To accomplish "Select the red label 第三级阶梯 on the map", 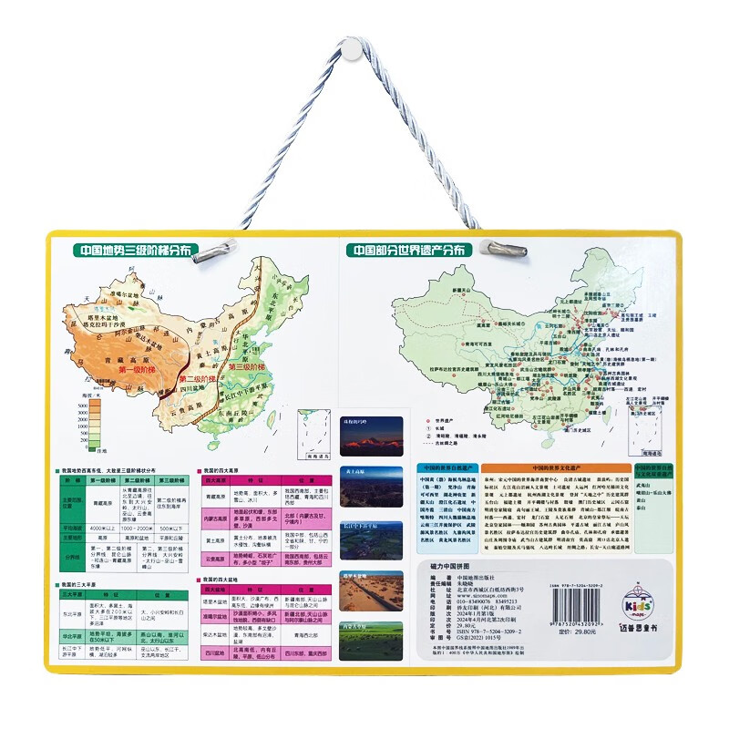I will (x=247, y=366).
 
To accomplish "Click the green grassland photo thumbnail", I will (x=371, y=641).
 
